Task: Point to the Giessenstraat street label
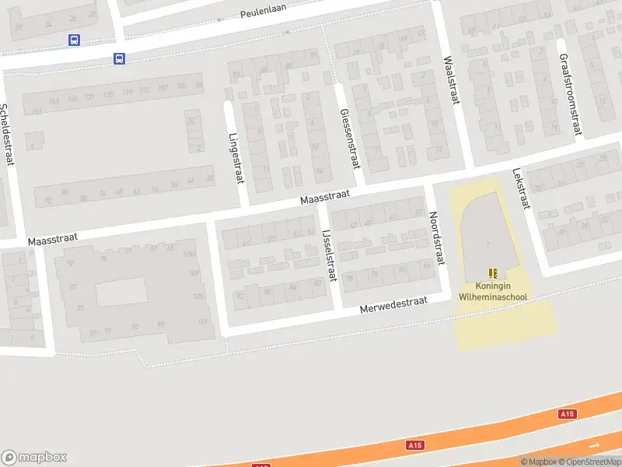[350, 139]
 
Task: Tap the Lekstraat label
[521, 190]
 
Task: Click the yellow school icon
[493, 273]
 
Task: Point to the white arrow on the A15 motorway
[596, 444]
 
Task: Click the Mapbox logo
[33, 458]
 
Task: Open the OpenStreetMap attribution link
[588, 462]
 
